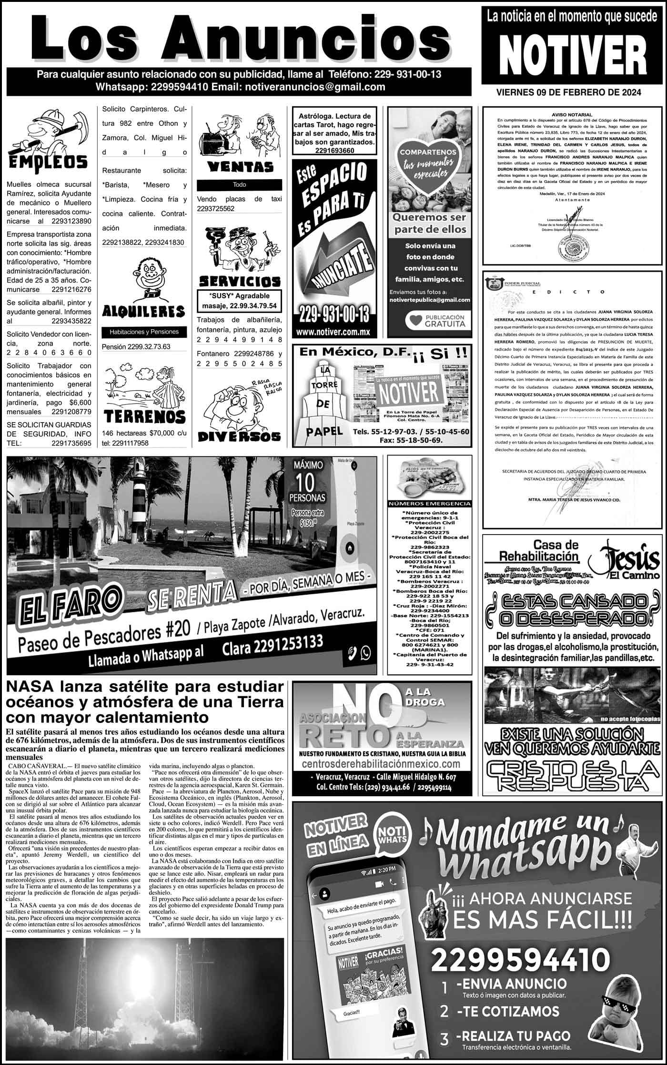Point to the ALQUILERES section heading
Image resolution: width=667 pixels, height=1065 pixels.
144,312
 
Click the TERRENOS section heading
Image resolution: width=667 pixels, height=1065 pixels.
144,416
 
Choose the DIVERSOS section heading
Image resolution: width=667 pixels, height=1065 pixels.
239,436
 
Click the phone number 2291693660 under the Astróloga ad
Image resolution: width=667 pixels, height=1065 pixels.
334,151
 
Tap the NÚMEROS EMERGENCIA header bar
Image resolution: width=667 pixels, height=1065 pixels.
430,504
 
